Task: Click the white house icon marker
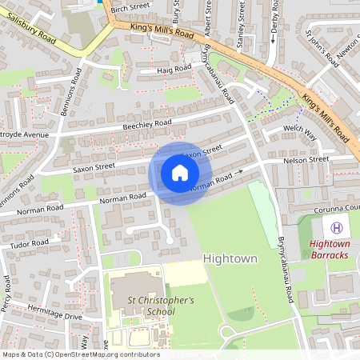click(x=180, y=173)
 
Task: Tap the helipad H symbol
click(x=337, y=228)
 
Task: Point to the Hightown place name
click(x=230, y=259)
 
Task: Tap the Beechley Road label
click(x=146, y=125)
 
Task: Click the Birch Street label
click(x=130, y=6)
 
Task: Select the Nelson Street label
click(x=306, y=160)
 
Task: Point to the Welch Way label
click(x=300, y=131)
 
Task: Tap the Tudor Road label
click(x=30, y=243)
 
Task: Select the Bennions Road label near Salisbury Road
click(x=70, y=92)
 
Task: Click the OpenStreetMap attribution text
click(x=81, y=354)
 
